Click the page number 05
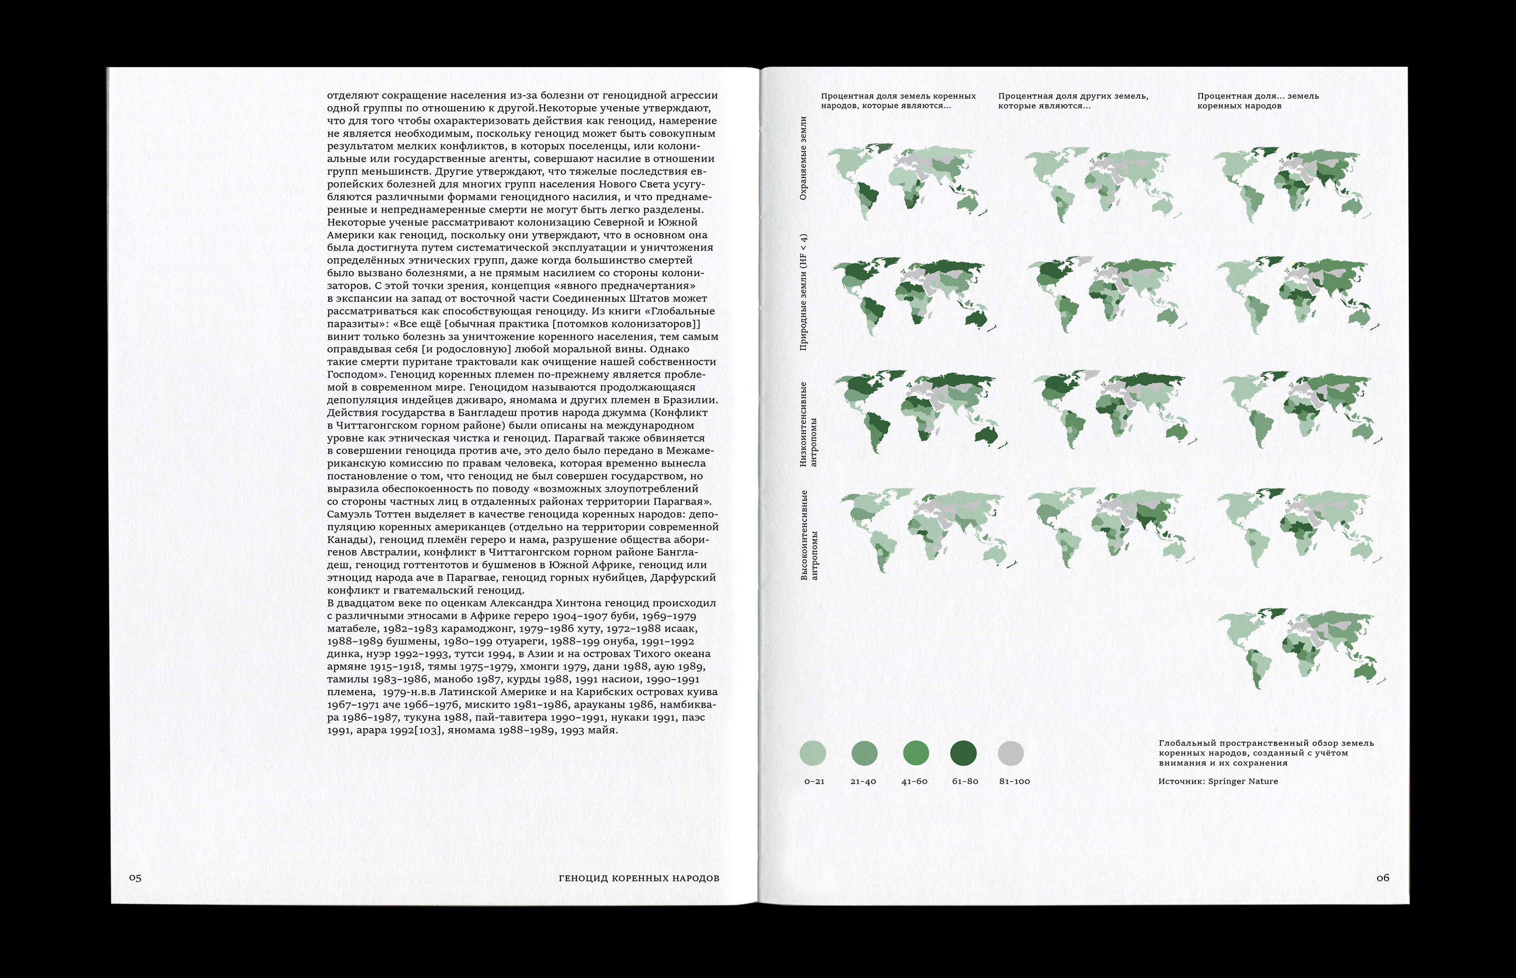point(135,878)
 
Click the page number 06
point(1383,878)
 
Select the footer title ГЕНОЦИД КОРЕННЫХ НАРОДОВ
point(639,878)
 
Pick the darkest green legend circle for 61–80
point(963,753)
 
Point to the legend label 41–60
point(914,781)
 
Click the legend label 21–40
point(863,781)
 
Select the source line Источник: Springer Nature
point(1218,781)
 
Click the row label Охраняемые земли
point(803,158)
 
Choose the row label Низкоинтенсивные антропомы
point(808,424)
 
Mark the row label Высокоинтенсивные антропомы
point(808,534)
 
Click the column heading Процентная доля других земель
point(1073,100)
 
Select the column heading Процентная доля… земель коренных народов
point(1258,100)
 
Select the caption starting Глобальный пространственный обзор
point(1266,752)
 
